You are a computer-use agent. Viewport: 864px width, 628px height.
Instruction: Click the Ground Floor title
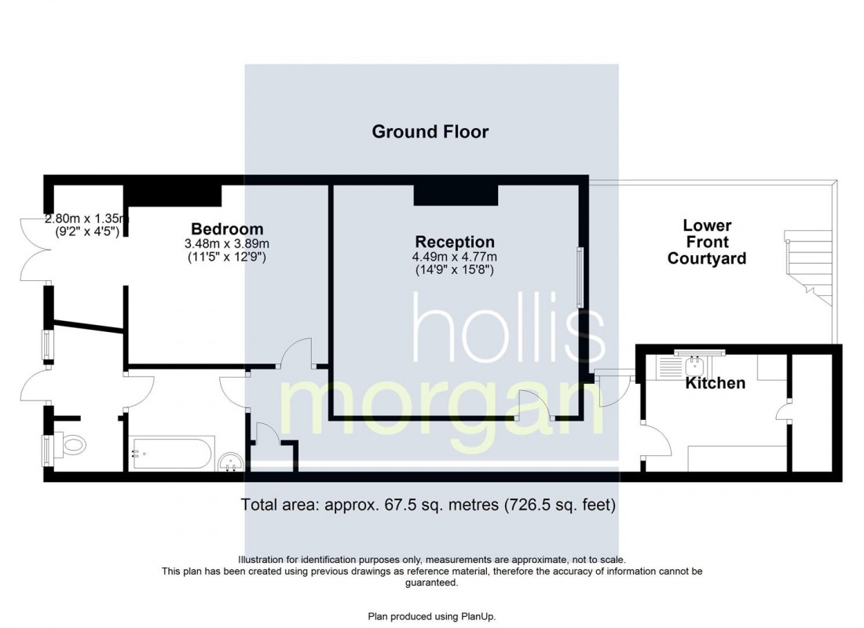[430, 131]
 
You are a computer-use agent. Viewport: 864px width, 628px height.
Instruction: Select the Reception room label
[455, 242]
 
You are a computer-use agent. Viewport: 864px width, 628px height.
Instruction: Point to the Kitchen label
[715, 383]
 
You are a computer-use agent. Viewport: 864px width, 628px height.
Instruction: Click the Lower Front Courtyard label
[706, 242]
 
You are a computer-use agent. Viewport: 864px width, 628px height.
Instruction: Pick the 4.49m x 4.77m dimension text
[455, 257]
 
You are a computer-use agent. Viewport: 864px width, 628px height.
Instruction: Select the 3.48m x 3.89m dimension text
[227, 243]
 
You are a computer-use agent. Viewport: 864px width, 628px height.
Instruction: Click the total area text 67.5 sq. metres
[429, 505]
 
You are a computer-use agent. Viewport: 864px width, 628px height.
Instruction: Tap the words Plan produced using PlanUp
[431, 616]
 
